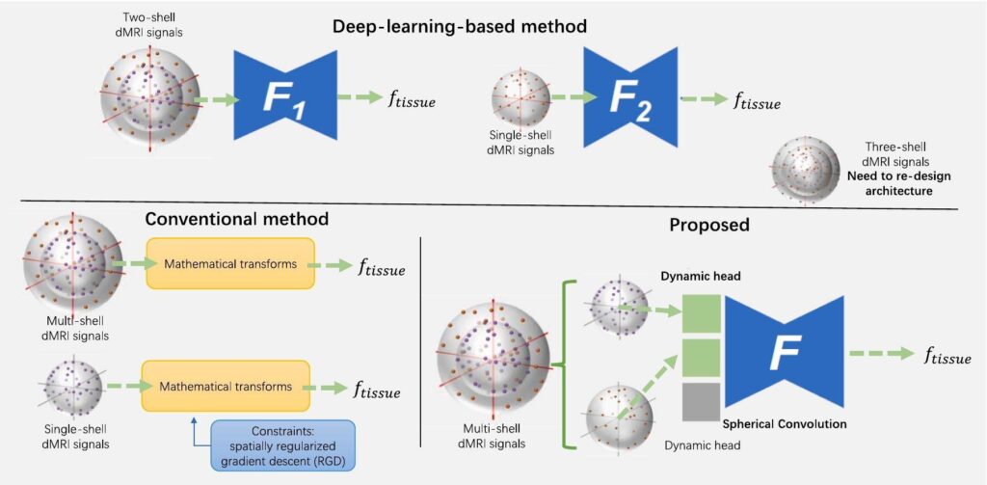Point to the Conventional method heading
pyautogui.click(x=236, y=219)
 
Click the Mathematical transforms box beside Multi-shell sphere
pyautogui.click(x=229, y=263)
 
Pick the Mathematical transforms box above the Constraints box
pyautogui.click(x=227, y=387)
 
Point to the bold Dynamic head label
pyautogui.click(x=693, y=275)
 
